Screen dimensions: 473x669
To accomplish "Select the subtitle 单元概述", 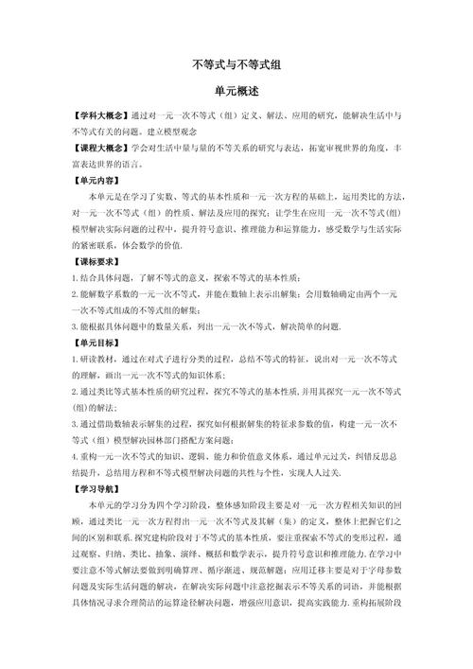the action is point(236,92).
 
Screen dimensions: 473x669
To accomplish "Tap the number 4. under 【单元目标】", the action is point(75,456).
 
